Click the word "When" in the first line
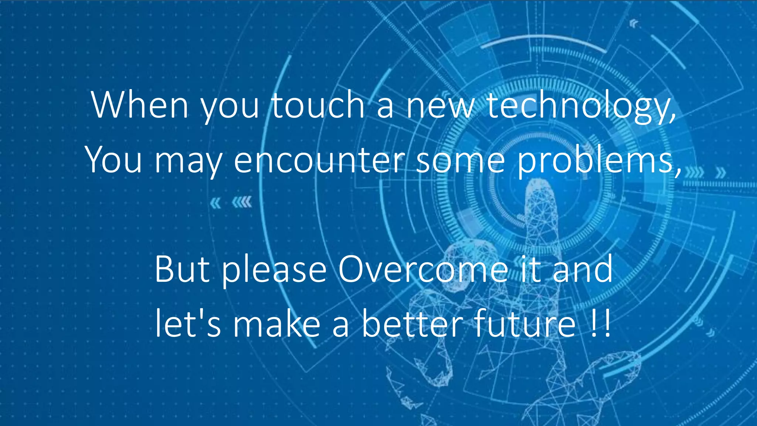140,105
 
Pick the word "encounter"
319,160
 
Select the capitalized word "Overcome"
423,269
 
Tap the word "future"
525,323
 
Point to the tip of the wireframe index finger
538,183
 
